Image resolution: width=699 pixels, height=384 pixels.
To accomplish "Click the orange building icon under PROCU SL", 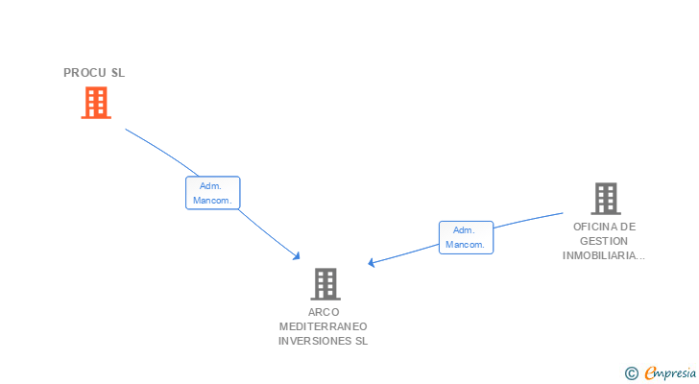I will (x=95, y=103).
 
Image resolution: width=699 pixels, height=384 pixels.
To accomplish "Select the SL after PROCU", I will (x=118, y=73).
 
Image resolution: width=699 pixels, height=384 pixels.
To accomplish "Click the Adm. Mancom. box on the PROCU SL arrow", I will (x=212, y=193).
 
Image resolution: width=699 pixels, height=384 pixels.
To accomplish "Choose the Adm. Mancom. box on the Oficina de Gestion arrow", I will (x=466, y=237).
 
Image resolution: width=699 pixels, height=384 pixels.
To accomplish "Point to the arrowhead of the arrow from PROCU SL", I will (x=298, y=255).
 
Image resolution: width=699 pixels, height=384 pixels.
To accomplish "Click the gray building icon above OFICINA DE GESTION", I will (x=605, y=199).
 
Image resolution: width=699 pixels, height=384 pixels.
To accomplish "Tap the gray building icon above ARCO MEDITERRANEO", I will (x=325, y=284).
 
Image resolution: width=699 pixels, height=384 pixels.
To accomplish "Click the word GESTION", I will (x=605, y=242).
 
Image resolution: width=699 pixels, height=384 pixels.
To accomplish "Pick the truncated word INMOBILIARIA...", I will (x=603, y=256).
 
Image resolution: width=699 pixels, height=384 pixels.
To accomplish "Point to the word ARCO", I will (x=325, y=312).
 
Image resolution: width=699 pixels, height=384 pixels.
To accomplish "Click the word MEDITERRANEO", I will (x=324, y=326).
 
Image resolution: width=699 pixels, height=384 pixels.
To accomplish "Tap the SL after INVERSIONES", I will (x=361, y=341).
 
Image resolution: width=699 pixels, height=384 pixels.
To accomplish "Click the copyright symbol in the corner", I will (x=631, y=373).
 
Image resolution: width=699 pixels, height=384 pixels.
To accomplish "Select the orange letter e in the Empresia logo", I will (x=650, y=373).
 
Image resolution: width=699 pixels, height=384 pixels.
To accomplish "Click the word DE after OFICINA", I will (x=628, y=228).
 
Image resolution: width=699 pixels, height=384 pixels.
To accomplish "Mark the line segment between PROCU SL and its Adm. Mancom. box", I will (x=163, y=149).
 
